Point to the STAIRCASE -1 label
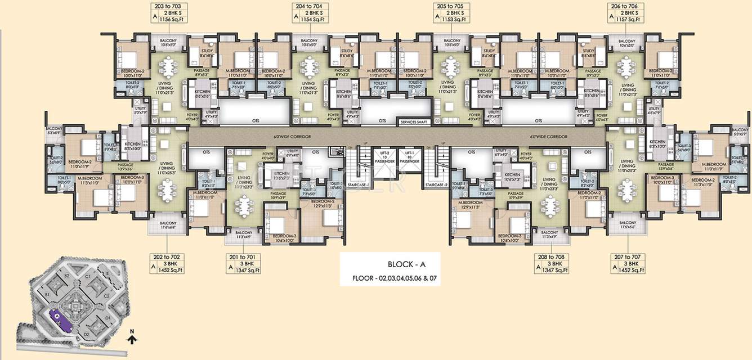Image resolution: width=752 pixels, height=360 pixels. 358,184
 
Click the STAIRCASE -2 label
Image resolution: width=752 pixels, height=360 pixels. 436,184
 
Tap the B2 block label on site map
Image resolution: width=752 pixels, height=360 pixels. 66,276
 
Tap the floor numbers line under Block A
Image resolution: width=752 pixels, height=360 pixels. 395,278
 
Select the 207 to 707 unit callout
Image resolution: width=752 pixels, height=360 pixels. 629,263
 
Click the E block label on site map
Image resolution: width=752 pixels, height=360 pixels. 107,273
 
